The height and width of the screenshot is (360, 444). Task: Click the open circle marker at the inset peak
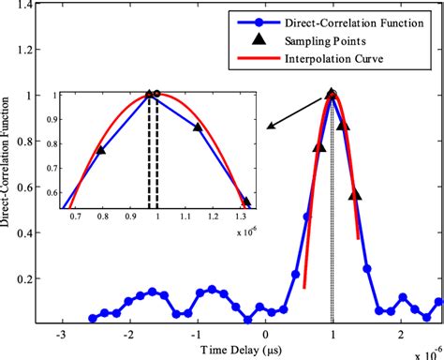tap(157, 94)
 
